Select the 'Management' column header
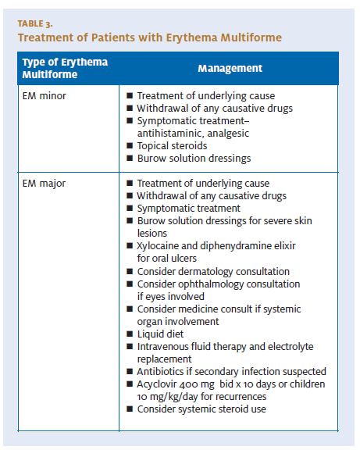click(x=230, y=68)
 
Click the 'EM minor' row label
click(x=45, y=95)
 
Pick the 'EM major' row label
click(x=45, y=184)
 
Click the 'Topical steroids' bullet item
click(x=172, y=145)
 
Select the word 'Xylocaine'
click(x=162, y=246)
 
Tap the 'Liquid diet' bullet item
click(x=162, y=334)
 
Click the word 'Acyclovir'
click(x=160, y=384)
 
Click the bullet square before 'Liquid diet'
click(x=130, y=334)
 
